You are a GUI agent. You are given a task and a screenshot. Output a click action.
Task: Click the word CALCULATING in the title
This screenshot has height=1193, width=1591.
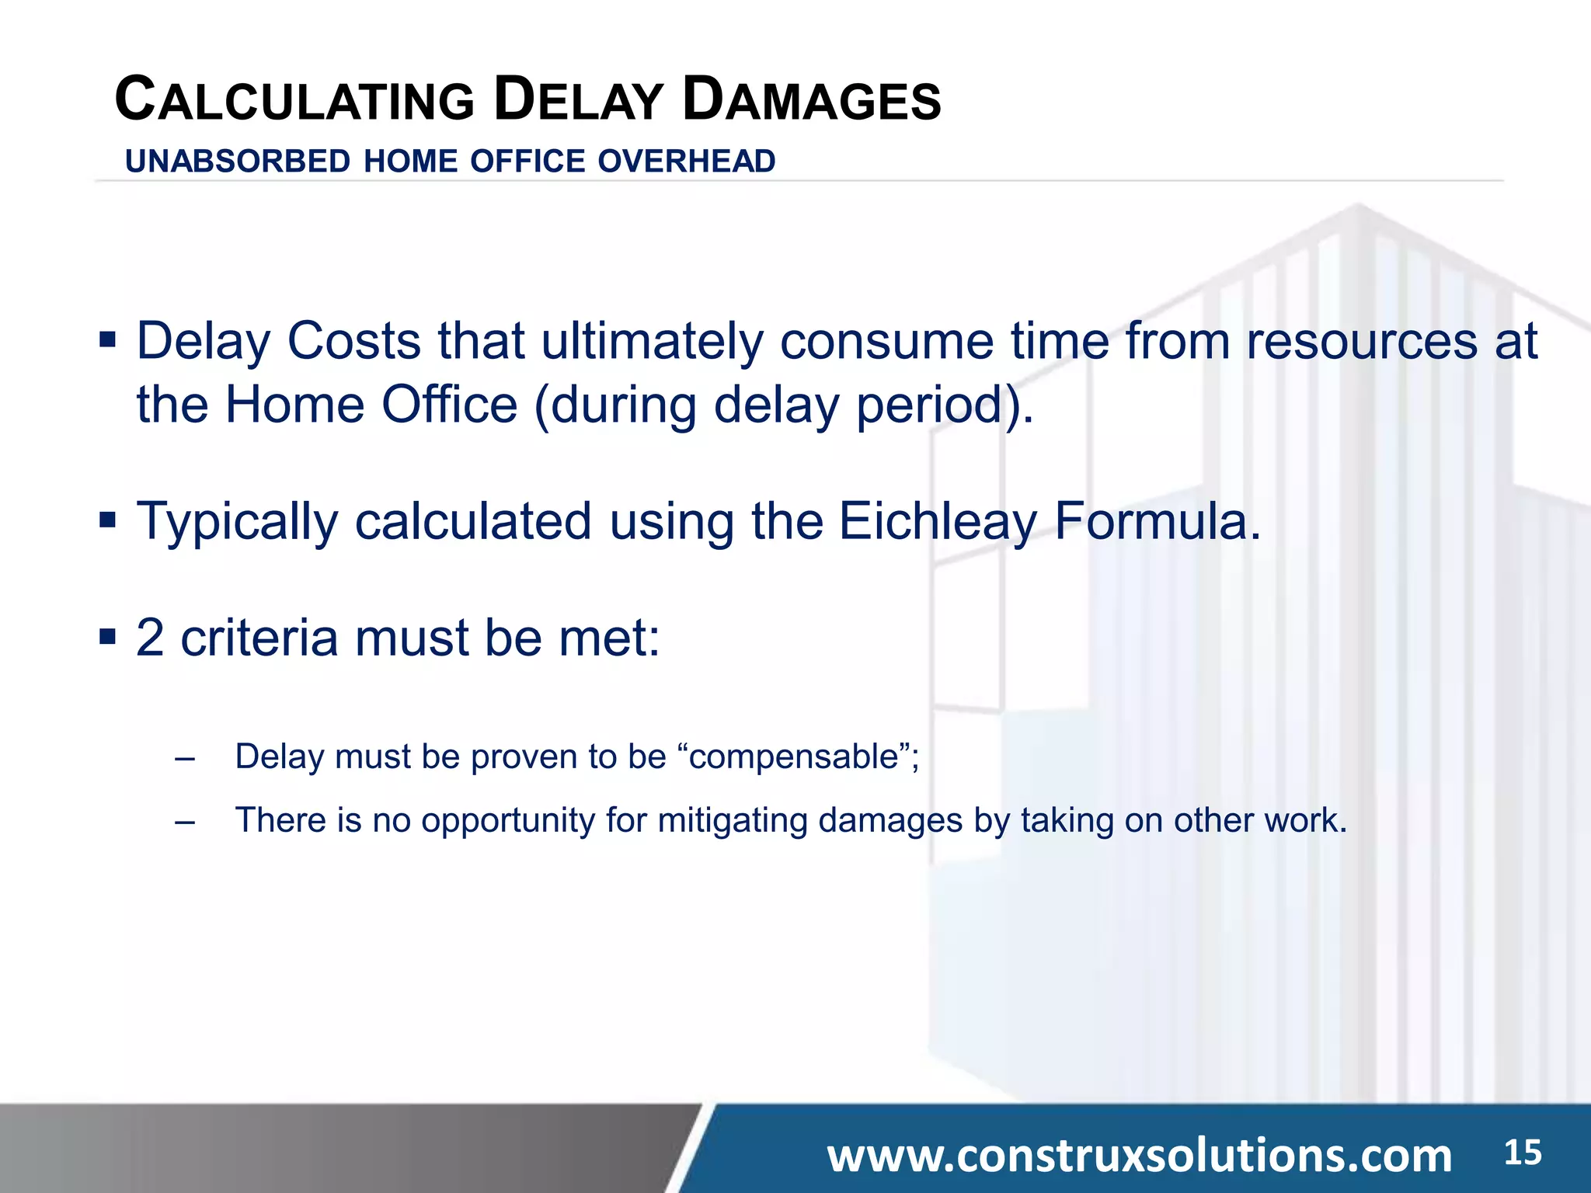(x=294, y=101)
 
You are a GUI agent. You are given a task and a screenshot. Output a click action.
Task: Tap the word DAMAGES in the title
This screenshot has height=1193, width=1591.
(x=812, y=101)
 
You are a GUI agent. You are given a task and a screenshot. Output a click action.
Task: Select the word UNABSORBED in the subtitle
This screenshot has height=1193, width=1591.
(x=238, y=162)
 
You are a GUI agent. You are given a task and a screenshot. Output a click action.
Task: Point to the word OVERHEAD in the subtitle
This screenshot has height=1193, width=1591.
(x=687, y=162)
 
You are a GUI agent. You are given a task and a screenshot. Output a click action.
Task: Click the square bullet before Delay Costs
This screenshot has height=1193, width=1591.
(x=107, y=339)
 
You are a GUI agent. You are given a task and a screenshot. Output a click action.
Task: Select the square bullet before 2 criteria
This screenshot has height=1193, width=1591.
(x=107, y=637)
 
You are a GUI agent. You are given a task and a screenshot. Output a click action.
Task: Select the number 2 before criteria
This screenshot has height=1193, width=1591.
(x=151, y=638)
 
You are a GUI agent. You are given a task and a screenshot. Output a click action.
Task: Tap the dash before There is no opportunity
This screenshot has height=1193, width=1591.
(x=185, y=822)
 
